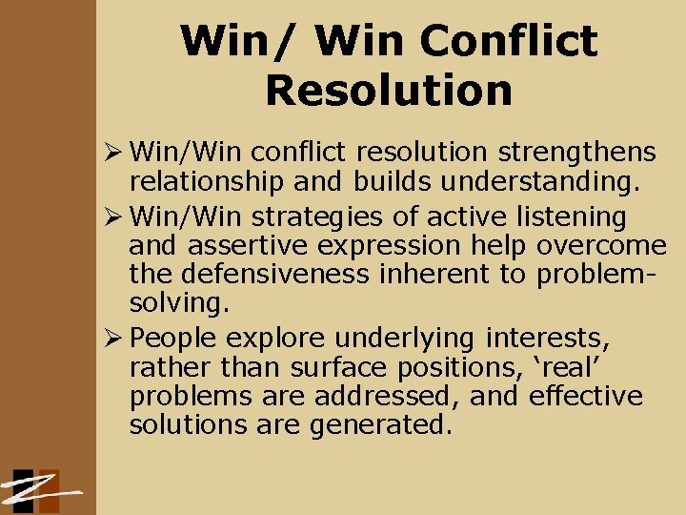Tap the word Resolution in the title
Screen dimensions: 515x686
click(389, 91)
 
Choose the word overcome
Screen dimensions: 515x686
click(601, 246)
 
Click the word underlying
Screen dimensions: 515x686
click(399, 338)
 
